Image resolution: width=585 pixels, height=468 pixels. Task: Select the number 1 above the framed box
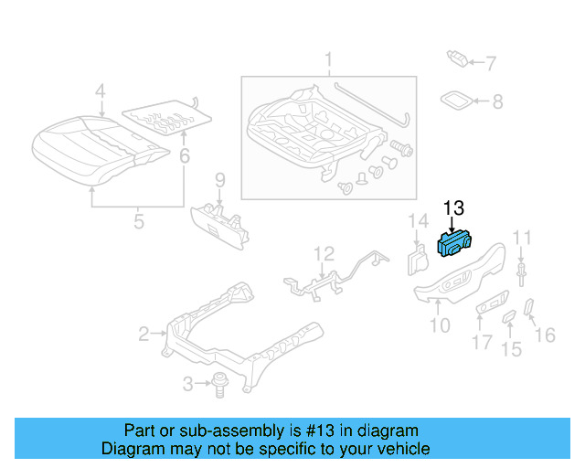coord(327,62)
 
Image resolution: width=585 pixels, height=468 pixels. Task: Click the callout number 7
coord(490,64)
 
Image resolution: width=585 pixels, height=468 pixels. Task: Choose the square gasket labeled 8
coord(457,101)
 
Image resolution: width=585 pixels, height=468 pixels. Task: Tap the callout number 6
coord(184,157)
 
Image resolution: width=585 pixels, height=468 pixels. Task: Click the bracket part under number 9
coord(222,221)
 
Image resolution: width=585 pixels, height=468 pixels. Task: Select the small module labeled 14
coord(417,260)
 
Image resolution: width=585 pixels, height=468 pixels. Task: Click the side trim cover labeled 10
coord(457,279)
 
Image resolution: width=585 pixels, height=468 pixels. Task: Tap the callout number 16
coord(545,335)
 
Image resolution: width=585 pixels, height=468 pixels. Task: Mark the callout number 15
coord(511,348)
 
